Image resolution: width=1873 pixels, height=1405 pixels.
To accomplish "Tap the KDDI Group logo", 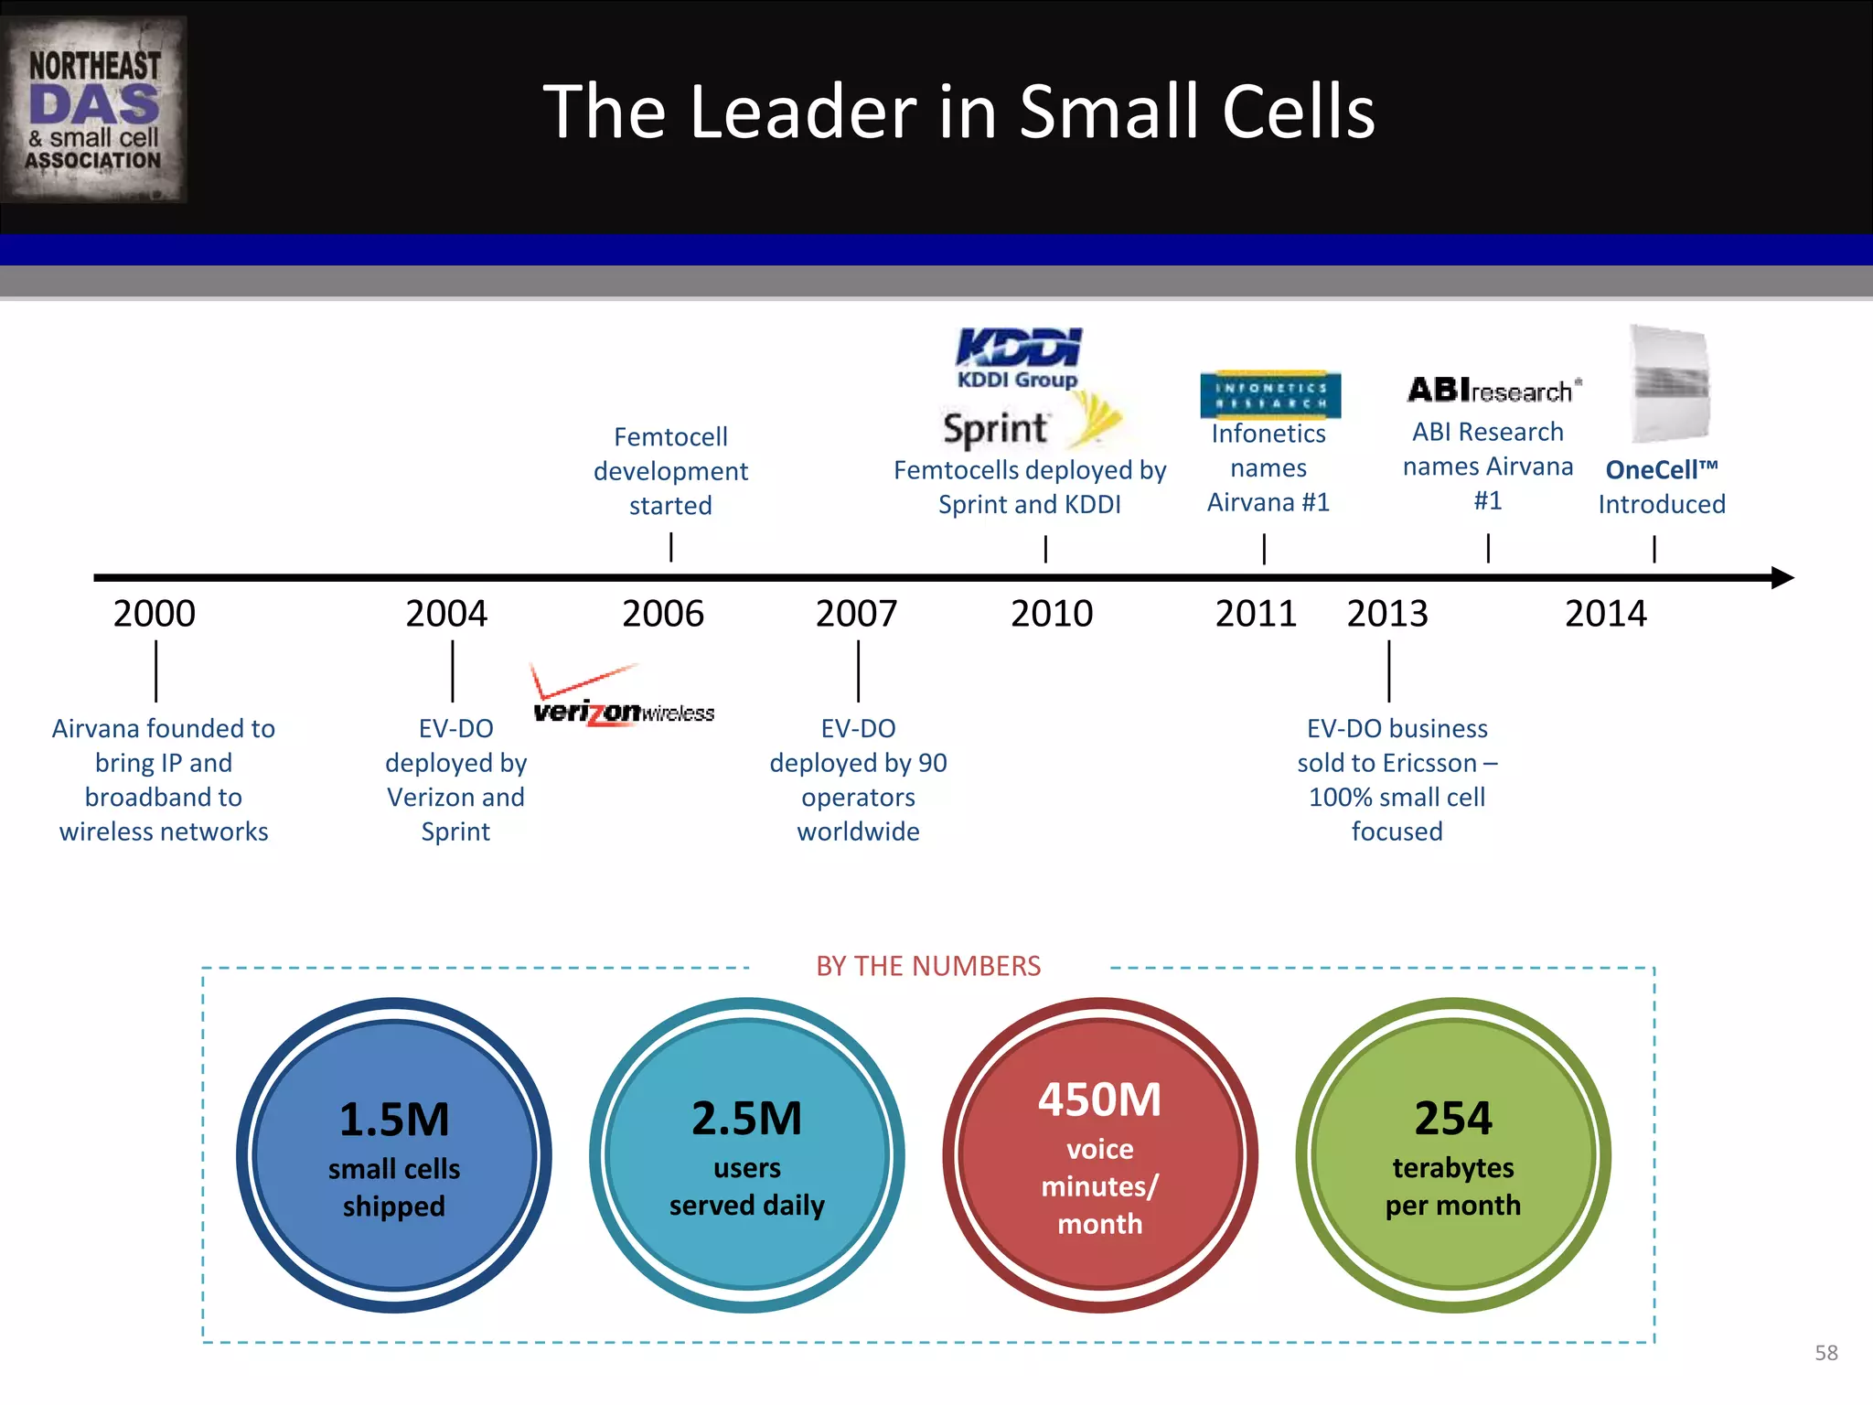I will coord(1018,358).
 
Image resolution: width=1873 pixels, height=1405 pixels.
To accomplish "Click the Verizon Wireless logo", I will coord(624,698).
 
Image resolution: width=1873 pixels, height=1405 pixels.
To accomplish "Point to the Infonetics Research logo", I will coord(1270,394).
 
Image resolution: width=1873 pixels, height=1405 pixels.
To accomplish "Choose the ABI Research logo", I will coord(1493,391).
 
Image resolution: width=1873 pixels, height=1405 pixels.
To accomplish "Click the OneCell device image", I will coord(1670,385).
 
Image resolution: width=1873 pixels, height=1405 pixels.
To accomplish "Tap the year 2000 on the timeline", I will coord(155,614).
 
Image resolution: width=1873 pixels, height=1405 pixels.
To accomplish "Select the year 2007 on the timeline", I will coord(856,614).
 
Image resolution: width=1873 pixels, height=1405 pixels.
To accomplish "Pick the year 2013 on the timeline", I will coord(1386,614).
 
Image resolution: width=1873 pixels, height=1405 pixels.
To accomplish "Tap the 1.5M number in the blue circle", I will coord(394,1120).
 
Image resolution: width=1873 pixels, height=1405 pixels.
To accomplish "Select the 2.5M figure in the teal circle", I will coord(746,1119).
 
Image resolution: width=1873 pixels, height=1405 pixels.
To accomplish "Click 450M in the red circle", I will coord(1099,1099).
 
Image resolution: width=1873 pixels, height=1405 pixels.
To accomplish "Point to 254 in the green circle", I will coord(1453,1119).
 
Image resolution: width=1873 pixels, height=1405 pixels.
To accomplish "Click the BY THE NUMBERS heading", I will coord(928,966).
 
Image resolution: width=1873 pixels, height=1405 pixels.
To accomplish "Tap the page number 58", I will coord(1825,1353).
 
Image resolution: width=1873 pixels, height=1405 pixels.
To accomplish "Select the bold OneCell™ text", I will coord(1661,470).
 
